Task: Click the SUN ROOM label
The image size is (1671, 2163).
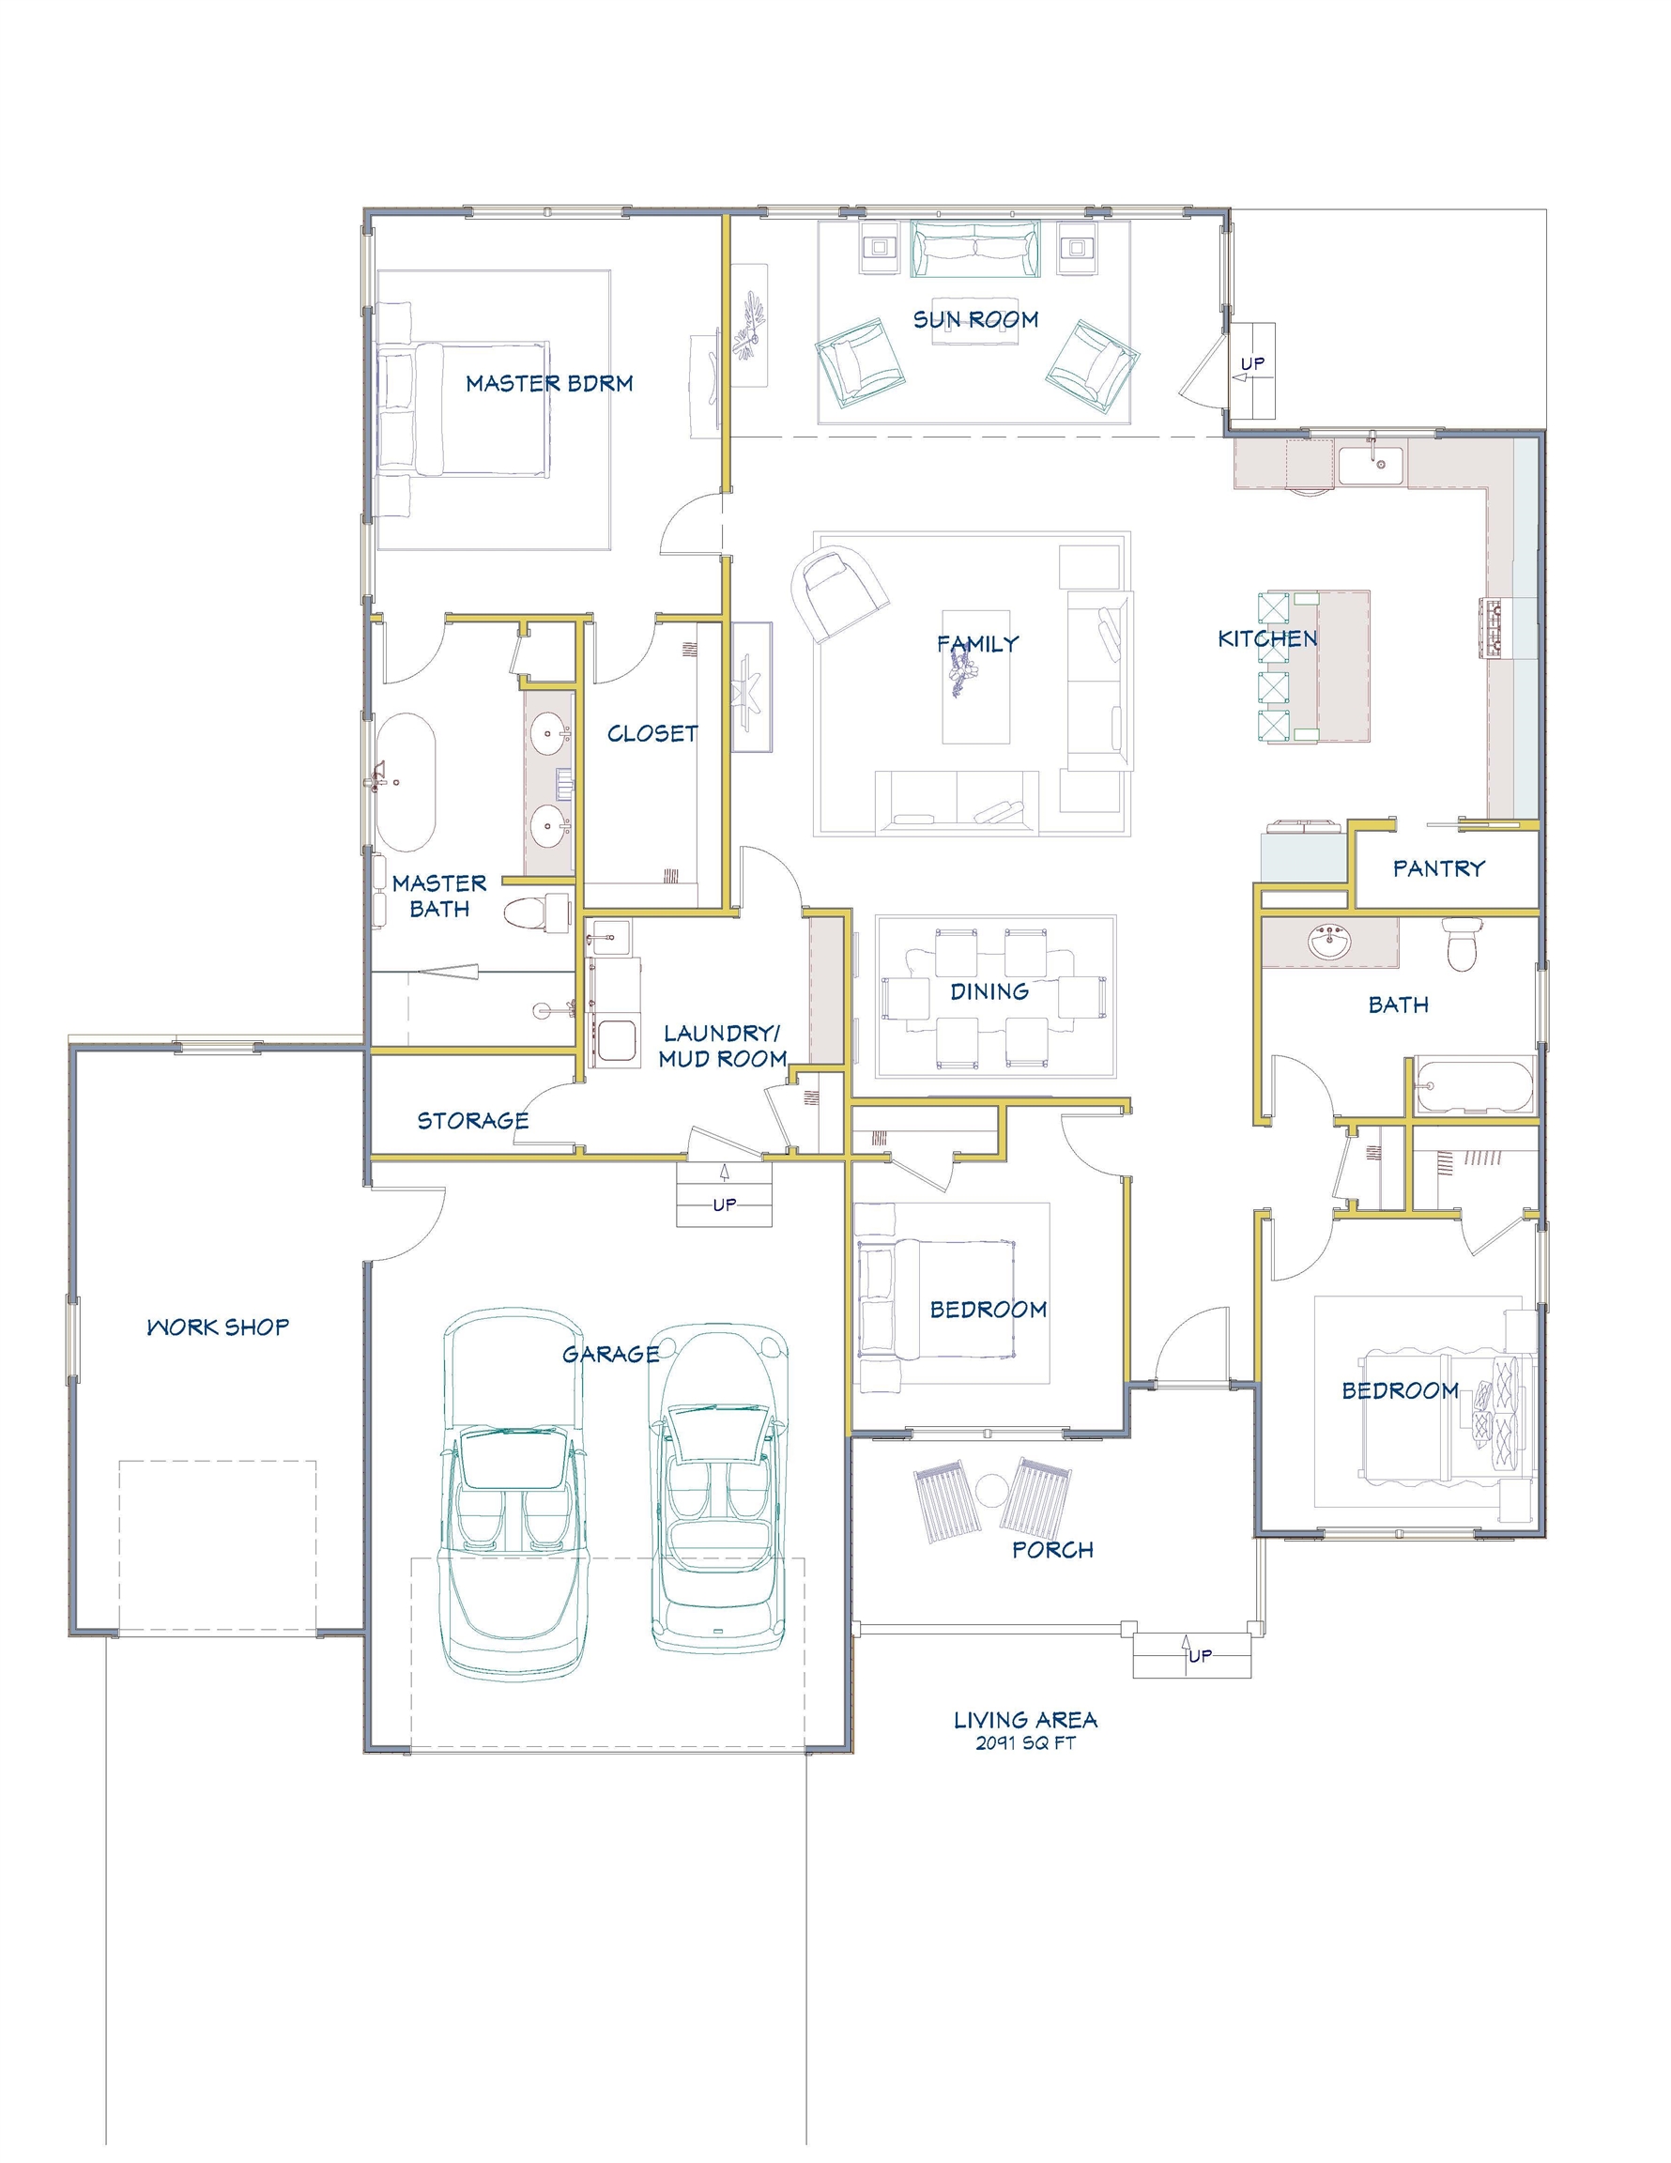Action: (x=974, y=319)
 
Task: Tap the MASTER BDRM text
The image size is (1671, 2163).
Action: (x=549, y=383)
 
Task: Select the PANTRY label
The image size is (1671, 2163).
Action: (x=1438, y=868)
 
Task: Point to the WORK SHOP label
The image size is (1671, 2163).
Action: (x=218, y=1327)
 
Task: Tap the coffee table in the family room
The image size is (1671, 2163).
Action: (x=975, y=677)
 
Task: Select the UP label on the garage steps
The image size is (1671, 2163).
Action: (x=724, y=1205)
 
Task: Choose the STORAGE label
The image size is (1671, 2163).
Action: (x=472, y=1120)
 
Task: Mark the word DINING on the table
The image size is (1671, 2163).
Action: (x=989, y=991)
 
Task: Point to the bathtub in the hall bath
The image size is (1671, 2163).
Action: (x=1474, y=1086)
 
